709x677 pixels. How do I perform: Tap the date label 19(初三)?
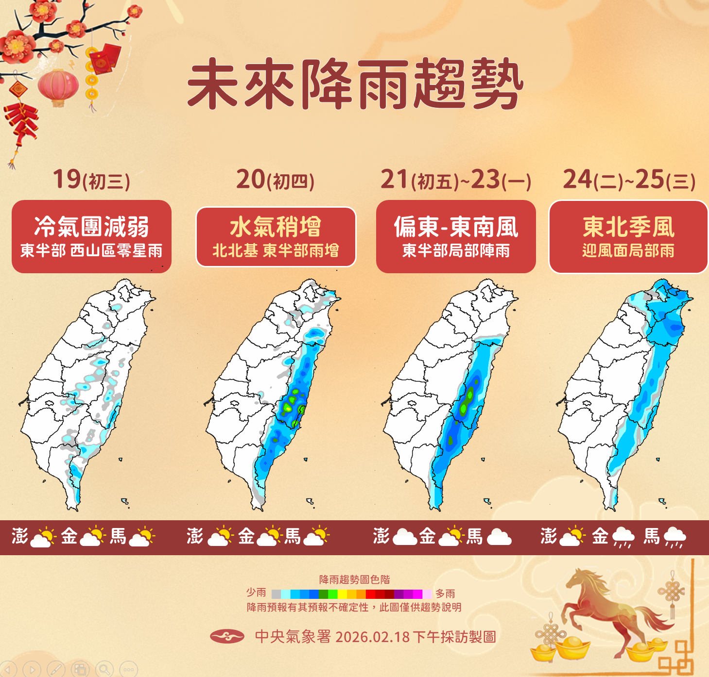point(91,180)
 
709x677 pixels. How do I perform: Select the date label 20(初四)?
point(276,180)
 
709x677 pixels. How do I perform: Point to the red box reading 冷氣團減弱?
point(91,236)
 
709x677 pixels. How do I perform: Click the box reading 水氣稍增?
point(276,236)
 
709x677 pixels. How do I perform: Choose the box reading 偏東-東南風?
point(456,236)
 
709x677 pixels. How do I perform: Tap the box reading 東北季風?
point(628,236)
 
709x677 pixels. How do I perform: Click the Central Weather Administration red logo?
point(227,636)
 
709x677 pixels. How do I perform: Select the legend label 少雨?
point(256,593)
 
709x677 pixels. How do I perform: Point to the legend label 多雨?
point(445,593)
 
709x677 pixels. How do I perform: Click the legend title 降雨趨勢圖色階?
point(354,579)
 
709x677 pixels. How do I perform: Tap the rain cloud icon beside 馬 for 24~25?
point(674,537)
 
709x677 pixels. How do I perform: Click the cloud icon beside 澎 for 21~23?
point(405,537)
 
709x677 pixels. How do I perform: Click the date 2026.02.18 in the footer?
point(373,637)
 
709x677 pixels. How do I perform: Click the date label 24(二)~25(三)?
point(629,180)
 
